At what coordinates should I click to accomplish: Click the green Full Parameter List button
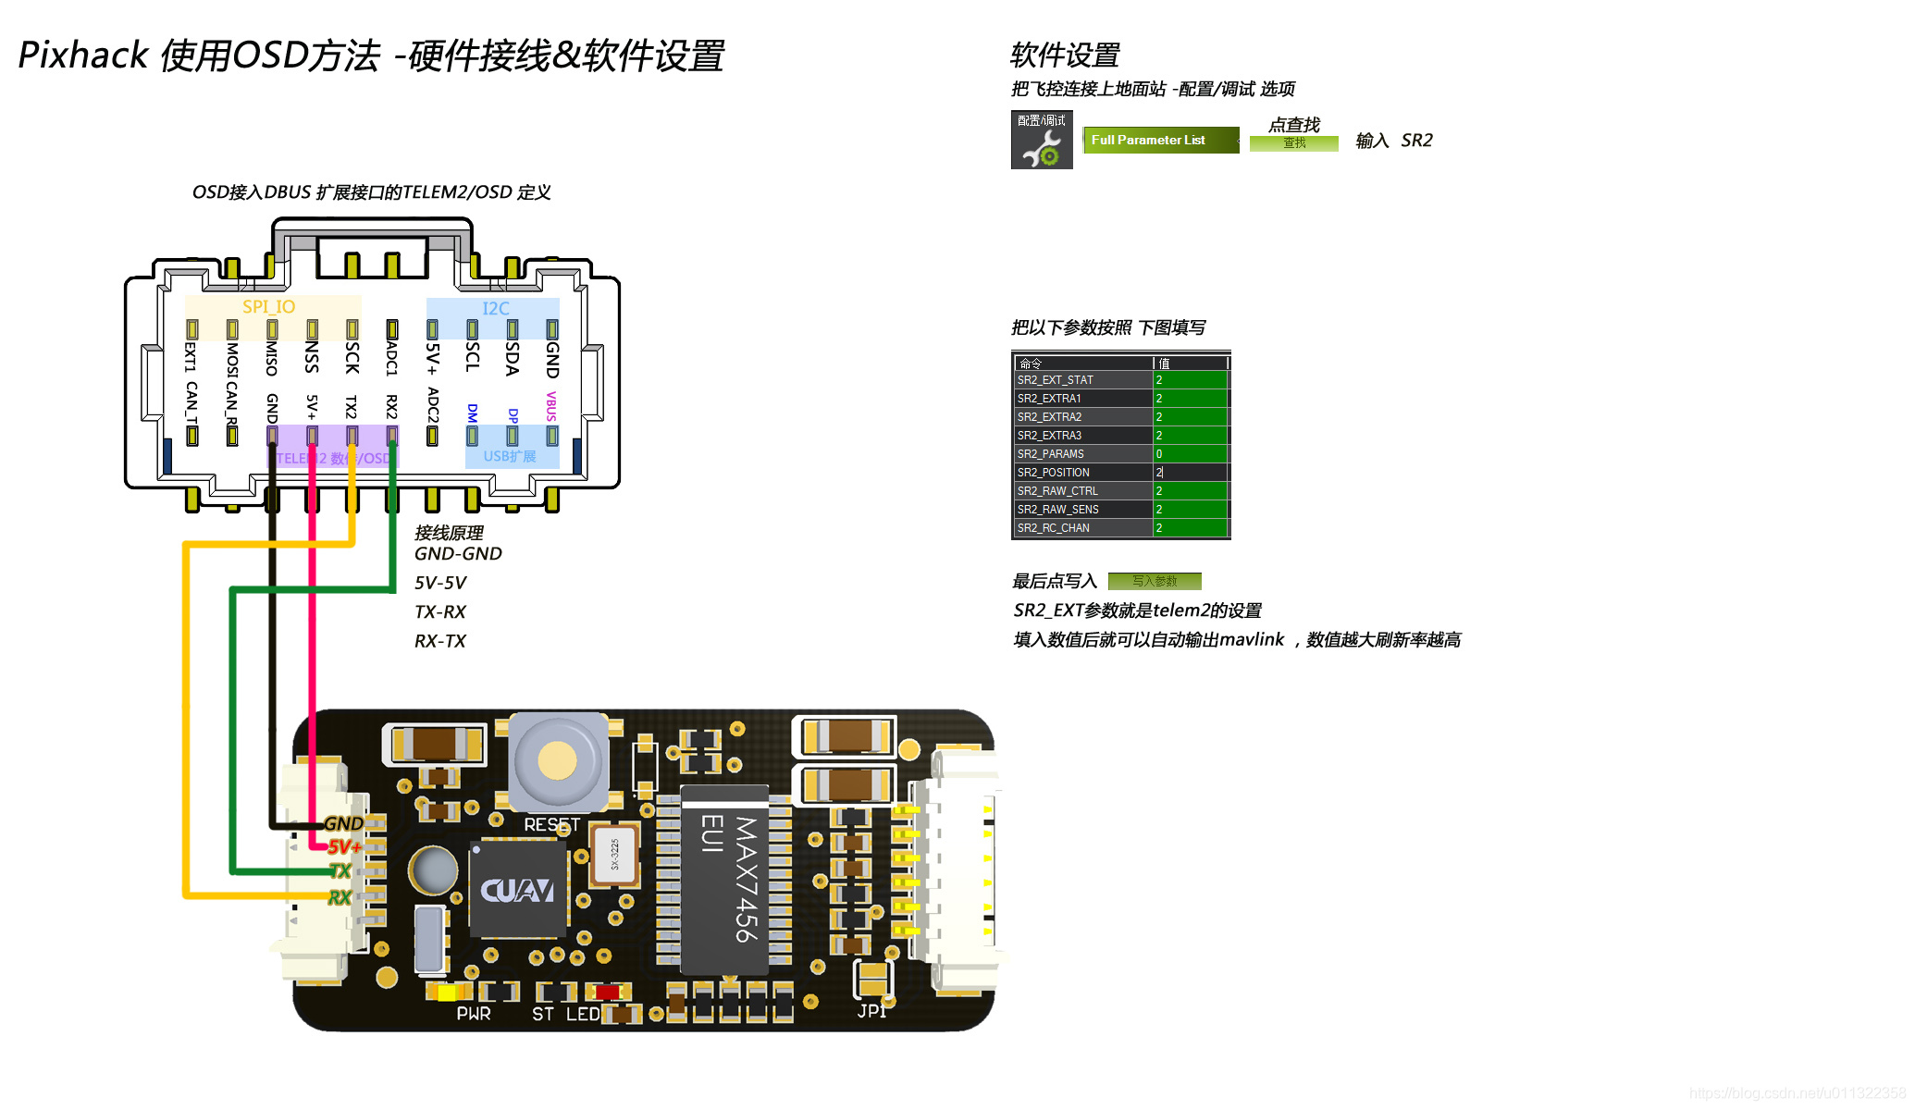(1160, 141)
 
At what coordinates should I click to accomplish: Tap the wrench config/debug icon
(1042, 141)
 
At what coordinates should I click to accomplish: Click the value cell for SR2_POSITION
(1190, 473)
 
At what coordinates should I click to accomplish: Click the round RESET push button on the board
(557, 760)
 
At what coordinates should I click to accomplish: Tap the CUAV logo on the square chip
(517, 891)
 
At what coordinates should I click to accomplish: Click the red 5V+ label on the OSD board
(344, 846)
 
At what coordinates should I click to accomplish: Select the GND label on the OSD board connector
(343, 823)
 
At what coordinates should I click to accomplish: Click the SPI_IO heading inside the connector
(268, 307)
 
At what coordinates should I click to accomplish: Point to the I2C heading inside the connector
(496, 309)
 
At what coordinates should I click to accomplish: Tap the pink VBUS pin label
(551, 406)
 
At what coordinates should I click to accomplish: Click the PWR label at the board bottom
(474, 1014)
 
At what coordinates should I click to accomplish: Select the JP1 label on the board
(871, 1011)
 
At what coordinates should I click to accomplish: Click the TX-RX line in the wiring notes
(440, 612)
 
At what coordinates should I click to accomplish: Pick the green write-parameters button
(1155, 581)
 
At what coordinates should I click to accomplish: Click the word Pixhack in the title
(83, 55)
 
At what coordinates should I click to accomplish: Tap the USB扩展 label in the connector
(510, 456)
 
